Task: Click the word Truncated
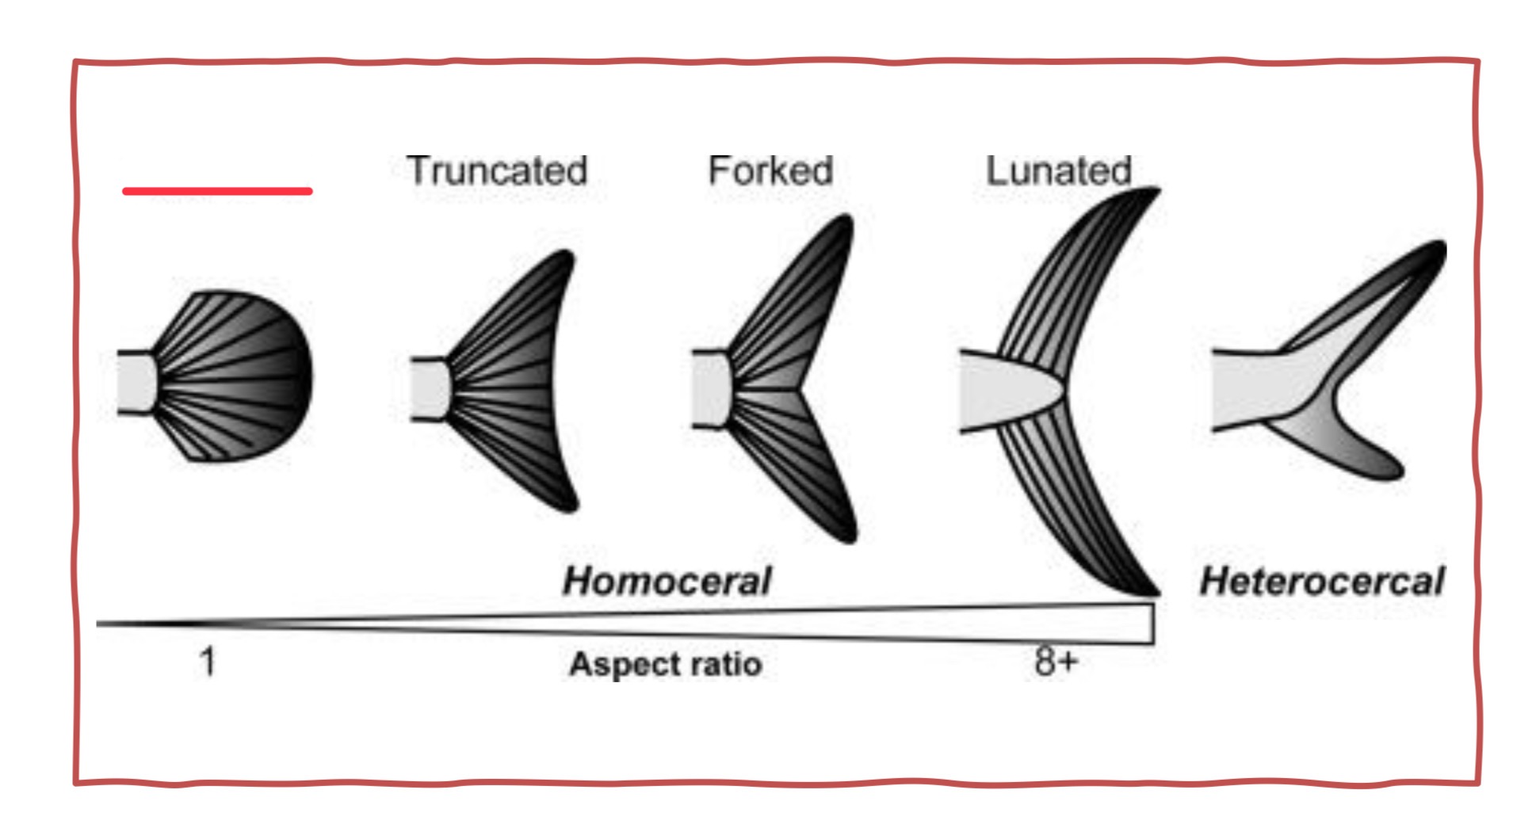(497, 171)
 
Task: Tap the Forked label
(770, 171)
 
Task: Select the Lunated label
(1058, 171)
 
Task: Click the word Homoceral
(667, 581)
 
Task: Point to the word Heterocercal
(1322, 581)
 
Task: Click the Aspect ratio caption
(666, 664)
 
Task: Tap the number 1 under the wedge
(208, 661)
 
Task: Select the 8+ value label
(1056, 661)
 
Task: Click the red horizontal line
(217, 191)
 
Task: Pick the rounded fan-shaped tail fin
(238, 376)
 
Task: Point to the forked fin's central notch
(800, 390)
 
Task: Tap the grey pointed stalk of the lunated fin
(1007, 391)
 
